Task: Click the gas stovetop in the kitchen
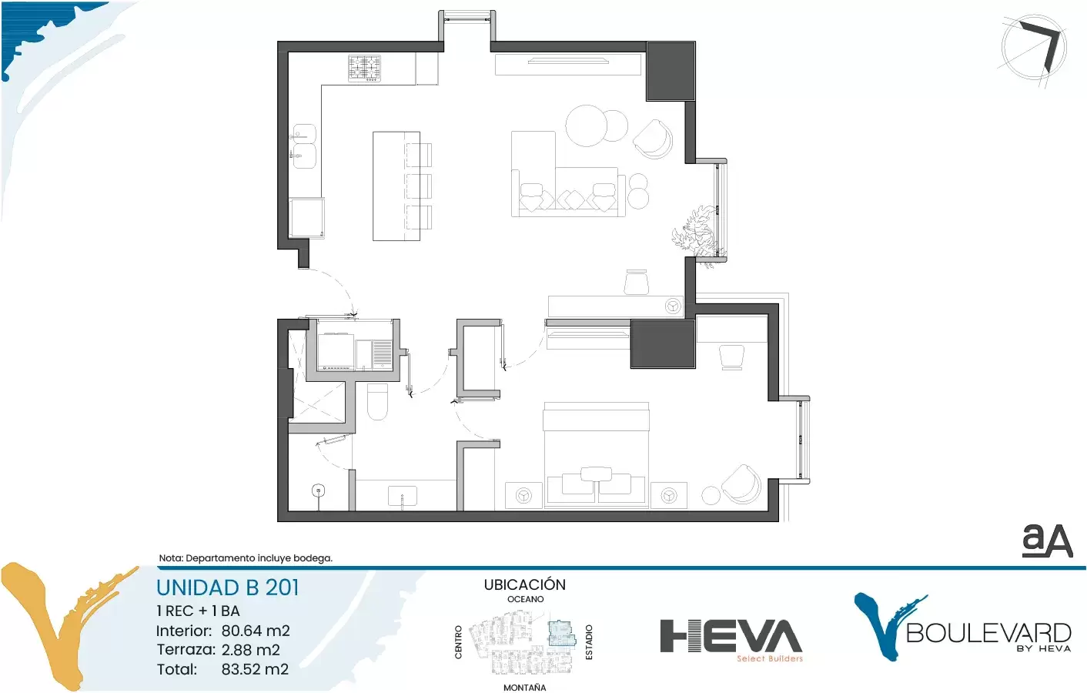pyautogui.click(x=364, y=68)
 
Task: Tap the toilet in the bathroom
pyautogui.click(x=377, y=402)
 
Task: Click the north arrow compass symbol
pyautogui.click(x=1034, y=49)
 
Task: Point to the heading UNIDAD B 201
pyautogui.click(x=227, y=588)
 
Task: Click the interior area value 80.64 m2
pyautogui.click(x=256, y=631)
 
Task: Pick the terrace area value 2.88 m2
pyautogui.click(x=250, y=650)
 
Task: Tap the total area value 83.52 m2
pyautogui.click(x=255, y=669)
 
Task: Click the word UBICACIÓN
pyautogui.click(x=524, y=584)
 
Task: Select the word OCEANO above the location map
pyautogui.click(x=526, y=599)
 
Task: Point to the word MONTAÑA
pyautogui.click(x=524, y=687)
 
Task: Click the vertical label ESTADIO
pyautogui.click(x=589, y=642)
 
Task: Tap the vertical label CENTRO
pyautogui.click(x=459, y=642)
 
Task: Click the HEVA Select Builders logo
pyautogui.click(x=731, y=640)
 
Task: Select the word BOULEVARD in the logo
pyautogui.click(x=988, y=633)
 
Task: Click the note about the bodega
pyautogui.click(x=246, y=558)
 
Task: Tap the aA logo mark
pyautogui.click(x=1047, y=541)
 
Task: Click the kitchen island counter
pyautogui.click(x=396, y=186)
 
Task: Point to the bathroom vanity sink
pyautogui.click(x=403, y=496)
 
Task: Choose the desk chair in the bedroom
pyautogui.click(x=731, y=357)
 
